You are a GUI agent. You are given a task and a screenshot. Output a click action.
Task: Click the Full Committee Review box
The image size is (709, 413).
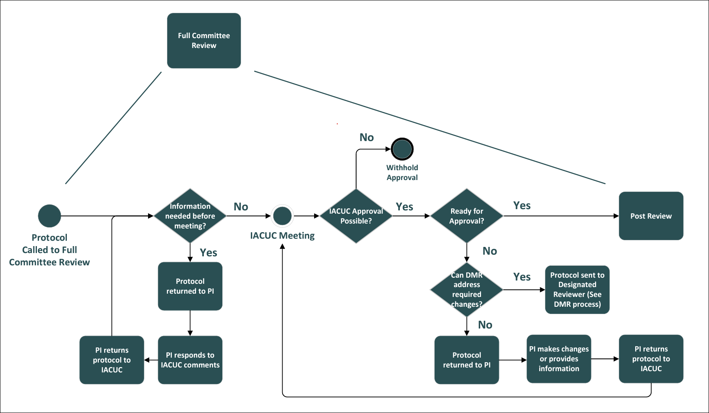tap(204, 41)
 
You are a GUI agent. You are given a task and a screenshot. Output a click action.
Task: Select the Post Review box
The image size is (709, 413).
tap(651, 216)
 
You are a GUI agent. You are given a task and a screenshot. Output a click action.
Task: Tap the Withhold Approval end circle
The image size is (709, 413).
tap(402, 149)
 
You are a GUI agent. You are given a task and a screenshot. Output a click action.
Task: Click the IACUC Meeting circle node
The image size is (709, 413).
tap(282, 216)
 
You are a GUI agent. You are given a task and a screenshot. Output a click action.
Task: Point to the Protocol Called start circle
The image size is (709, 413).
tap(49, 216)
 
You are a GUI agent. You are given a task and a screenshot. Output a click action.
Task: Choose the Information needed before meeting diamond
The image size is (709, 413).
tap(190, 216)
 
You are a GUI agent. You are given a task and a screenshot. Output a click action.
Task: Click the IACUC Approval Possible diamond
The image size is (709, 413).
tap(356, 216)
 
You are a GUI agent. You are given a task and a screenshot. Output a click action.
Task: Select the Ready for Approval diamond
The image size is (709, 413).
tap(467, 216)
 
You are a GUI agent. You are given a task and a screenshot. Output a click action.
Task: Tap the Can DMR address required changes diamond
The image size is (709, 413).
tap(467, 290)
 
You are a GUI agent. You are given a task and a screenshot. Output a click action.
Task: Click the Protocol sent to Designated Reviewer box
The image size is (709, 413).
tap(577, 290)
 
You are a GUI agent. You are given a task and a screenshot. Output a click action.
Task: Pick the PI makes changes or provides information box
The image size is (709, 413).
tap(559, 359)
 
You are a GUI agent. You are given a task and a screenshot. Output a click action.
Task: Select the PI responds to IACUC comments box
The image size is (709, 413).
tap(190, 360)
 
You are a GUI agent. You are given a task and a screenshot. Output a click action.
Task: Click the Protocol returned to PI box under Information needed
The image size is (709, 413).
tap(190, 286)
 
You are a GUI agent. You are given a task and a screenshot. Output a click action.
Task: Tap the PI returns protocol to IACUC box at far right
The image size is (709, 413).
tap(651, 359)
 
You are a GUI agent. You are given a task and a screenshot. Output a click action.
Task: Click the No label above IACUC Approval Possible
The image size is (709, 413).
tap(367, 137)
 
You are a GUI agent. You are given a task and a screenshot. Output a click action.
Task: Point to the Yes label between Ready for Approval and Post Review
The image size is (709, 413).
tap(522, 205)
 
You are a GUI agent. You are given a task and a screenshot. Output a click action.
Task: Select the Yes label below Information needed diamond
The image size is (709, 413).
tap(208, 253)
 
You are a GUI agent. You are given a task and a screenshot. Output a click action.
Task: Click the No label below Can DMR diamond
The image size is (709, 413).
tap(485, 325)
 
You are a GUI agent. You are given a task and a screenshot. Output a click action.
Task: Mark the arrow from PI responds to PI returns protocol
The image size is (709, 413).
tap(150, 360)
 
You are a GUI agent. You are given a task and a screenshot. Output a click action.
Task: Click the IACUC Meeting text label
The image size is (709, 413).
tap(282, 235)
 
